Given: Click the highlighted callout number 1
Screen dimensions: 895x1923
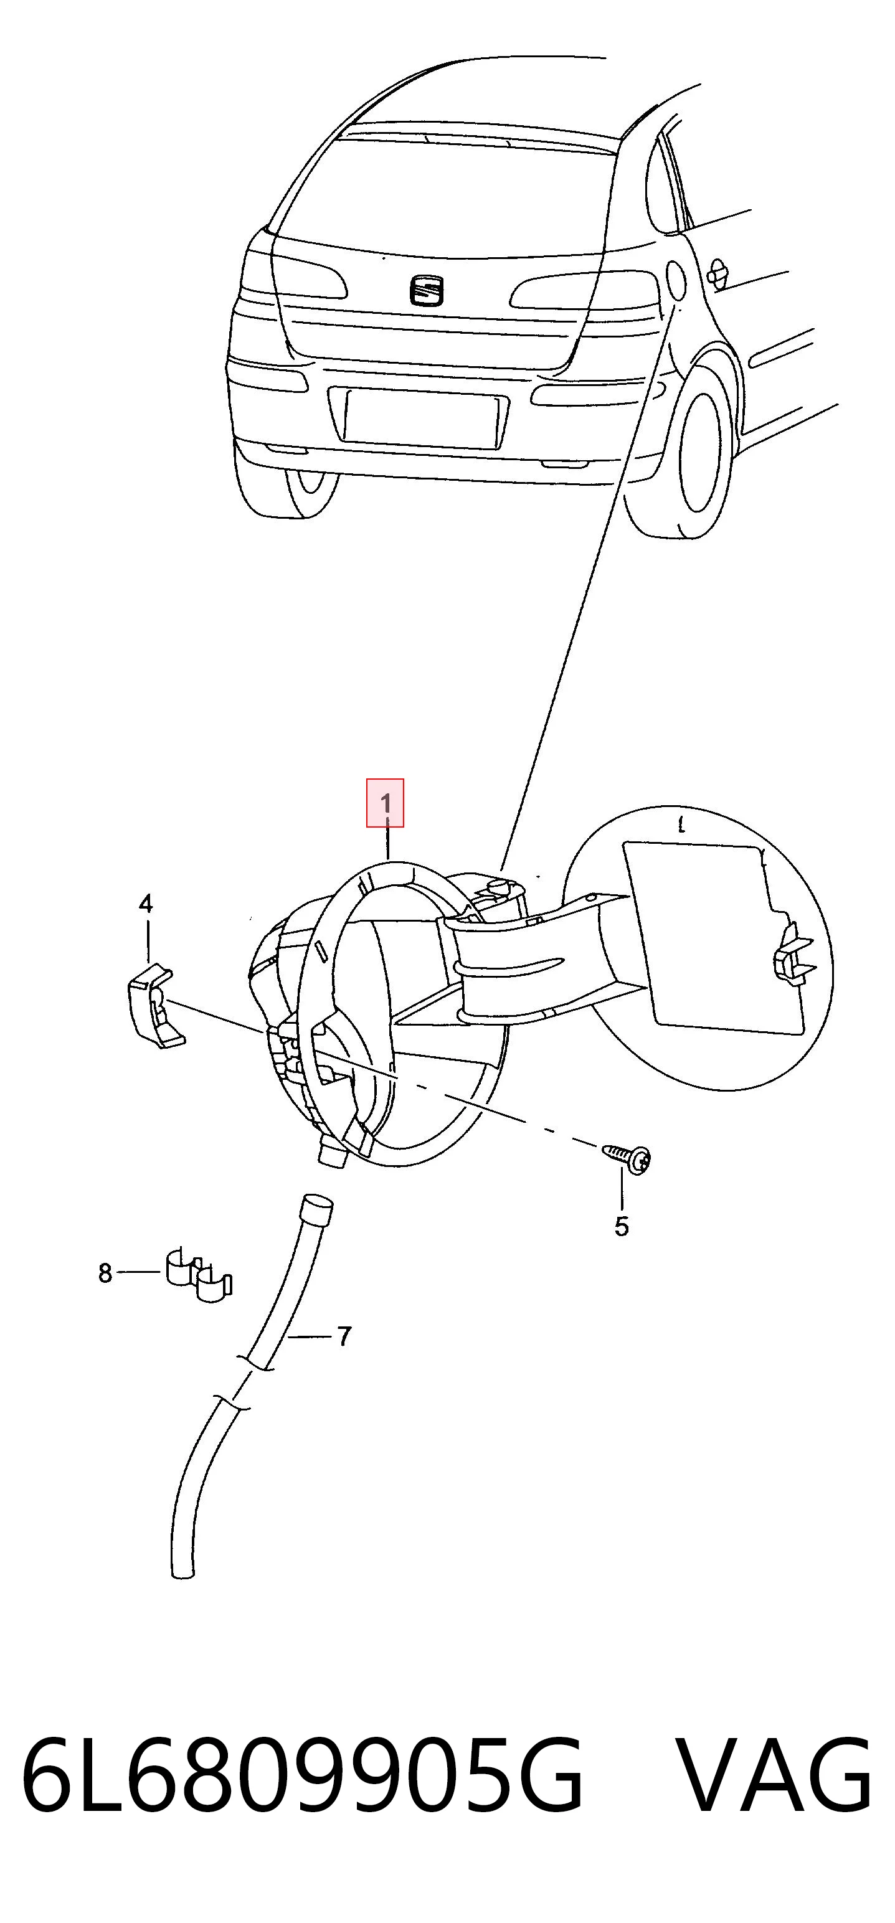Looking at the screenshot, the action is pyautogui.click(x=385, y=804).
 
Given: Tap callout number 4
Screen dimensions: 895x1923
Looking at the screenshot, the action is pyautogui.click(x=146, y=904).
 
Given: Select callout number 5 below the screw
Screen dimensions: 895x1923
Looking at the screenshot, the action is pyautogui.click(x=622, y=1227).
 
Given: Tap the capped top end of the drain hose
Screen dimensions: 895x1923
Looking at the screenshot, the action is pyautogui.click(x=316, y=1208).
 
